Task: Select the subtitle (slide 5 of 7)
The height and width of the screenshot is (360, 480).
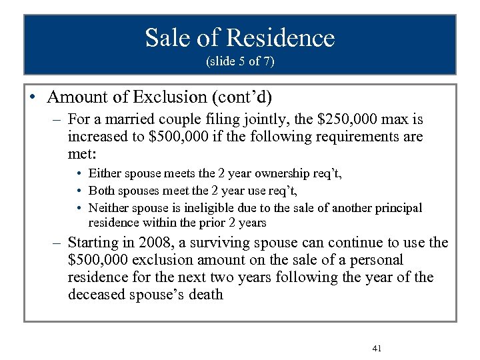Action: (240, 63)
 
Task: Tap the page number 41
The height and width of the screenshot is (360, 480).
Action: (377, 349)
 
